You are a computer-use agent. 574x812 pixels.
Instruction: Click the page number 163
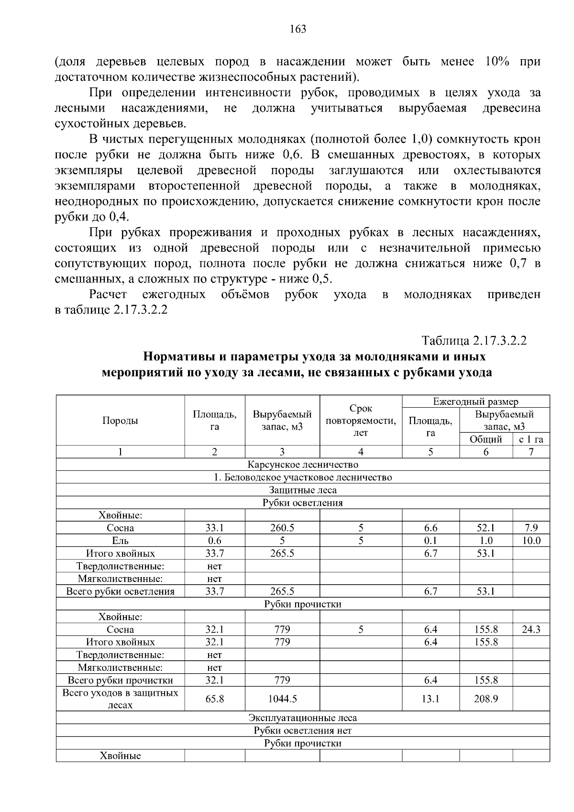pyautogui.click(x=298, y=30)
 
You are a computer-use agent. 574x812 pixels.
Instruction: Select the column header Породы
pyautogui.click(x=120, y=421)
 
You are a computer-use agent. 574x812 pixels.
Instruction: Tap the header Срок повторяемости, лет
pyautogui.click(x=361, y=421)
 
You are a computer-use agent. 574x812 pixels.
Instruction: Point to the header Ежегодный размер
pyautogui.click(x=475, y=402)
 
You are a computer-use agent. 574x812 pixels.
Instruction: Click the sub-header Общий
pyautogui.click(x=486, y=439)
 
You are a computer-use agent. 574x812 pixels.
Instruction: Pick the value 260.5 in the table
pyautogui.click(x=282, y=528)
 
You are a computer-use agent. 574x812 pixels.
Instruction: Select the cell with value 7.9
pyautogui.click(x=531, y=528)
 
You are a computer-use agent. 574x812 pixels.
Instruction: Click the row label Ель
pyautogui.click(x=120, y=541)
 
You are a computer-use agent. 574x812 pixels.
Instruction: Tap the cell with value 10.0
pyautogui.click(x=531, y=541)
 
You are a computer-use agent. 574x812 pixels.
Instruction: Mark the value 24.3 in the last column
pyautogui.click(x=531, y=630)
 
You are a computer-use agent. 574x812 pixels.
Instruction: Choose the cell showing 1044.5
pyautogui.click(x=282, y=699)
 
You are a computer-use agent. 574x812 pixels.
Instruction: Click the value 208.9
pyautogui.click(x=486, y=699)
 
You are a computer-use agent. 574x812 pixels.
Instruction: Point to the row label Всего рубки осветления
pyautogui.click(x=120, y=591)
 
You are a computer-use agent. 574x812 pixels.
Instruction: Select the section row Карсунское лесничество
pyautogui.click(x=302, y=465)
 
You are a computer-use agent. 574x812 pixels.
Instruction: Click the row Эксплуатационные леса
pyautogui.click(x=302, y=718)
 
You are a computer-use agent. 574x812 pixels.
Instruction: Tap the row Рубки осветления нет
pyautogui.click(x=302, y=731)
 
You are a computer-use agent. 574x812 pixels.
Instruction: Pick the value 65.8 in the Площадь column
pyautogui.click(x=214, y=699)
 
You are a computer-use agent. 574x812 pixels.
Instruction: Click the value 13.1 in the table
pyautogui.click(x=430, y=699)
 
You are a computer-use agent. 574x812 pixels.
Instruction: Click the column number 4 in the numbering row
pyautogui.click(x=361, y=452)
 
